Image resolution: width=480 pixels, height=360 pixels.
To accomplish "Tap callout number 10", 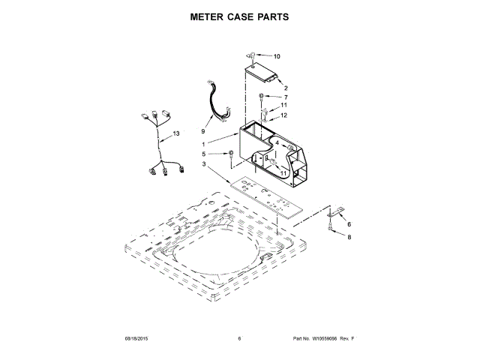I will point(277,56).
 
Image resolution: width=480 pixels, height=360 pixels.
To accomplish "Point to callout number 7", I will point(284,97).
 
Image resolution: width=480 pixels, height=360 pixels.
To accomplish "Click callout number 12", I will point(284,115).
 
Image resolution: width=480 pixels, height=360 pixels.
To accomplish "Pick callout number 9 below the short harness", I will point(202,121).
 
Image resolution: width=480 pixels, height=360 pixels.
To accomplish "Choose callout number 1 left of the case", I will point(203,143).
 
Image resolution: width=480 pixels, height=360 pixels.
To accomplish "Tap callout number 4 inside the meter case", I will point(277,142).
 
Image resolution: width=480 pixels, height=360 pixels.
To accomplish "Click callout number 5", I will point(202,155).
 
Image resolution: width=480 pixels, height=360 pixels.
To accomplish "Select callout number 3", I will point(202,164).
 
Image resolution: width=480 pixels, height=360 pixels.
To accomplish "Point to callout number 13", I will point(176,133).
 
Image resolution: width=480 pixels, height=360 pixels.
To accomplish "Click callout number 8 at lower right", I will point(349,237).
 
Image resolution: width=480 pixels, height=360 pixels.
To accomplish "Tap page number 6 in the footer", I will point(239,339).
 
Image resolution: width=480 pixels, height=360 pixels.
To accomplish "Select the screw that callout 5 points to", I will point(231,154).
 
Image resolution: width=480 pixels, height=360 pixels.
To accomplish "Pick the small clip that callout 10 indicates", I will point(253,55).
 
